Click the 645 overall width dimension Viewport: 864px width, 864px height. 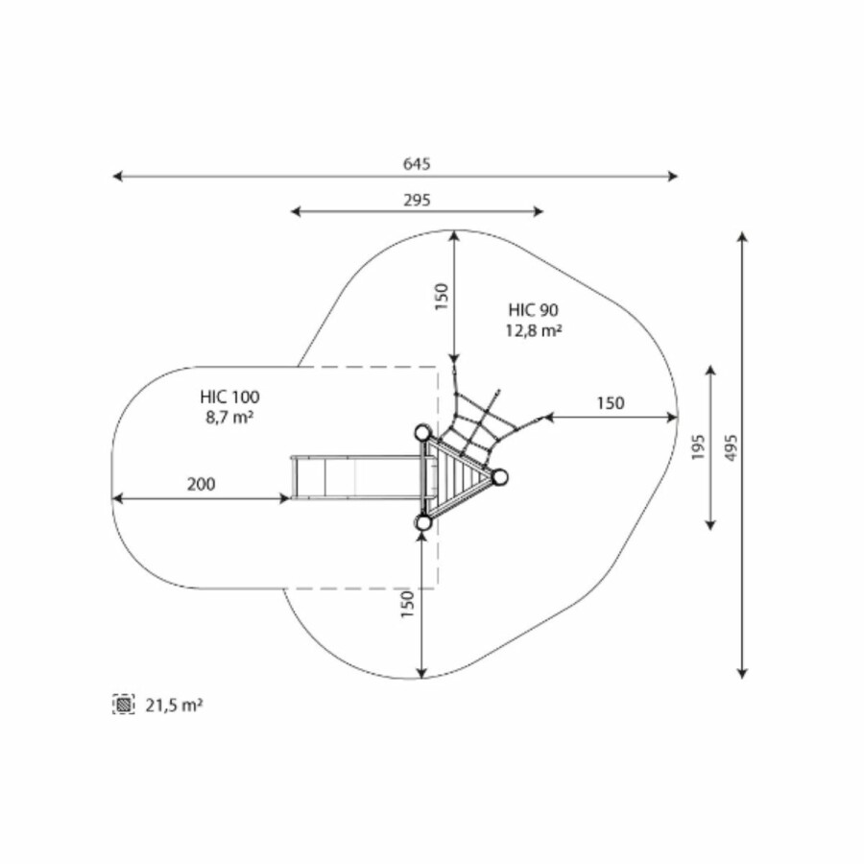click(417, 163)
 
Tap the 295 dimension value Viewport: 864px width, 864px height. click(418, 200)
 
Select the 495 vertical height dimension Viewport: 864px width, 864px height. click(731, 448)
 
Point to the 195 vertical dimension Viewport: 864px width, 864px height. click(698, 447)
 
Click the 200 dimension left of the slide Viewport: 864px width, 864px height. click(202, 485)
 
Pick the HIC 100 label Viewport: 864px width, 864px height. click(229, 396)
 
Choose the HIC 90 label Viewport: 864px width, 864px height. click(534, 310)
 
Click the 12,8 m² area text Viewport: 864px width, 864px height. click(534, 330)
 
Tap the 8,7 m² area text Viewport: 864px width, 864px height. click(229, 418)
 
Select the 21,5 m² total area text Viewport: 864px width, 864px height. click(174, 705)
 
